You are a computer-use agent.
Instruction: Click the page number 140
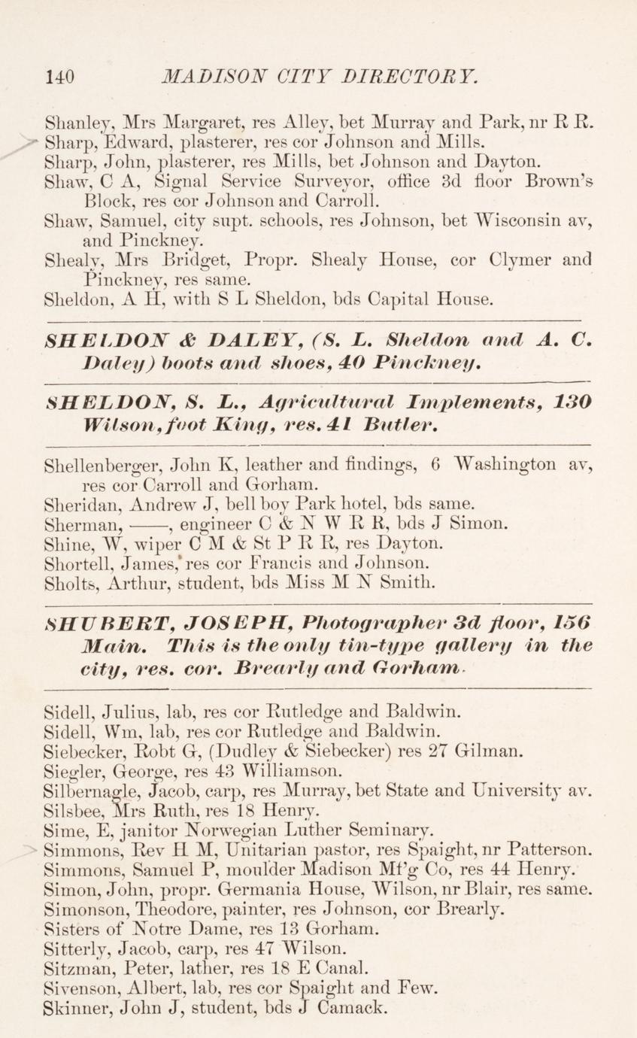coord(60,76)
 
